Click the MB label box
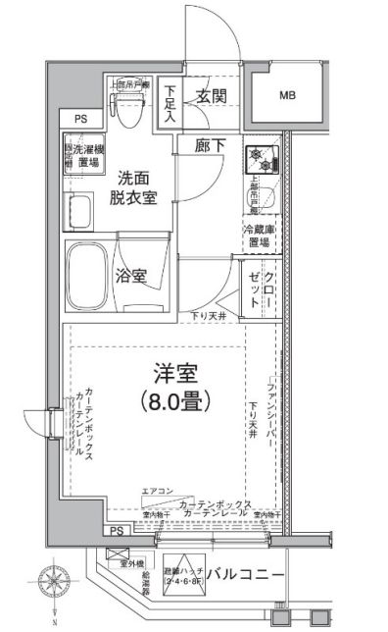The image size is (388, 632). click(x=288, y=95)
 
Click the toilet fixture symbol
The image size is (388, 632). click(x=127, y=115)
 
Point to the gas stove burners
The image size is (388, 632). click(x=261, y=156)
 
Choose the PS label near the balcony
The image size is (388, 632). click(x=116, y=530)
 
